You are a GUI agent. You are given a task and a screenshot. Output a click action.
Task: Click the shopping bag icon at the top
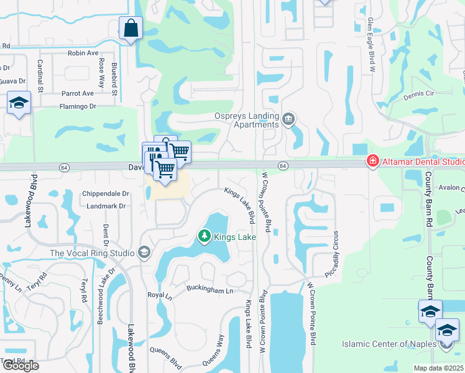coord(131,28)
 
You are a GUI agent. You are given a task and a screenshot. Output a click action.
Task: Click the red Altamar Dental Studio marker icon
coord(372,162)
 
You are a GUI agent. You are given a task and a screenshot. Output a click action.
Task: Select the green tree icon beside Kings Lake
coord(203,236)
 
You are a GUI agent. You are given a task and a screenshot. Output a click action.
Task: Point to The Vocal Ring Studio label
coord(92,253)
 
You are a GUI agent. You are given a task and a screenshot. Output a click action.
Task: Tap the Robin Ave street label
coord(83,53)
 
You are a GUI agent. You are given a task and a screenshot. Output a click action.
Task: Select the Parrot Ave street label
coord(78,93)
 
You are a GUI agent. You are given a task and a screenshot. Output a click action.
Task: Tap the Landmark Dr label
coord(107,206)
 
